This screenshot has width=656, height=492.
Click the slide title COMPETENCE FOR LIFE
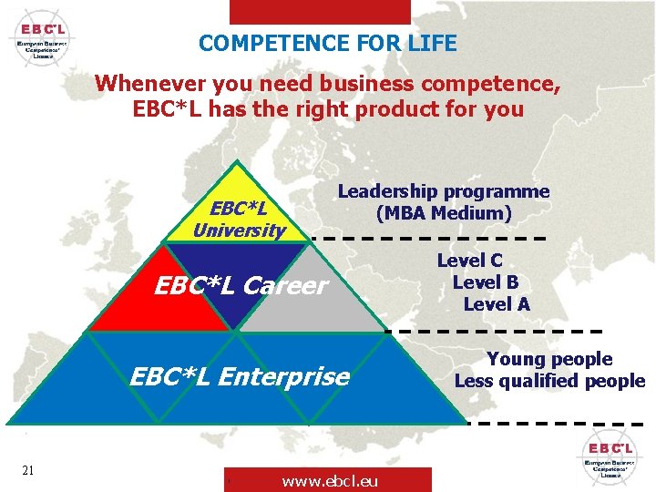point(327,43)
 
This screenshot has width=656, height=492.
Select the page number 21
point(28,469)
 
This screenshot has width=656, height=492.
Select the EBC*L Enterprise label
point(240,375)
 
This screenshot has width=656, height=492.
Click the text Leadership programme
point(444,191)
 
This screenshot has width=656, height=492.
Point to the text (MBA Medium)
point(444,213)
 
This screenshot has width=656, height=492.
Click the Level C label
point(469,261)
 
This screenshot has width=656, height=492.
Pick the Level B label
point(485,282)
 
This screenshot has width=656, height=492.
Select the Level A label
point(497,304)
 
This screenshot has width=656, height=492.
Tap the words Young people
point(549,359)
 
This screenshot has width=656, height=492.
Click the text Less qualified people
point(549,381)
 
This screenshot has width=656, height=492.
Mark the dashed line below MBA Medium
point(428,238)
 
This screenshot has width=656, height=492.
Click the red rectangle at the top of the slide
point(319,11)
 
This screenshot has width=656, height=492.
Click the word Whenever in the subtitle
point(150,83)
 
